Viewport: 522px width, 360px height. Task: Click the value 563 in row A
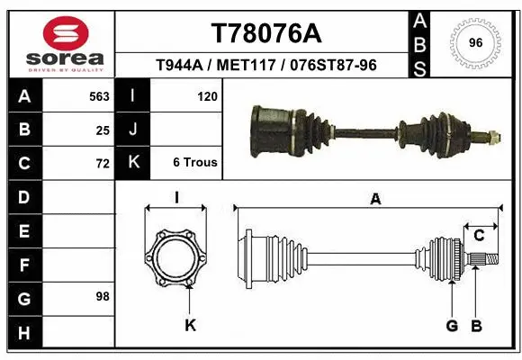[x=98, y=94]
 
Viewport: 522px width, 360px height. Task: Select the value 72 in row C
[x=102, y=163]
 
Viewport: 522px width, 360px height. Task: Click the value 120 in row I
[x=207, y=94]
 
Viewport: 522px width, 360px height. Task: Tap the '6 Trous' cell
[x=194, y=163]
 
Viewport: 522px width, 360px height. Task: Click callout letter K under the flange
[x=190, y=325]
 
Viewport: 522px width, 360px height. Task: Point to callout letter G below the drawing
[x=452, y=325]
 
